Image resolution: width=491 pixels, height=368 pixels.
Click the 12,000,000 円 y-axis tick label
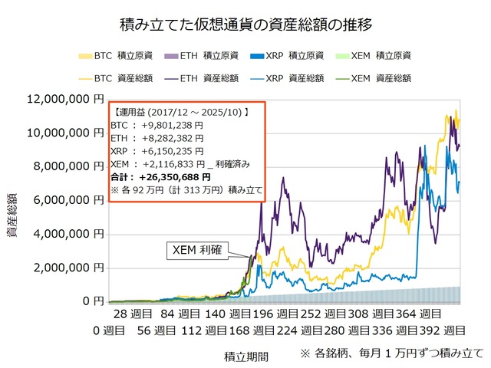pos(59,99)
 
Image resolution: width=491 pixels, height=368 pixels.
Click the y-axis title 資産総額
pos(14,219)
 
